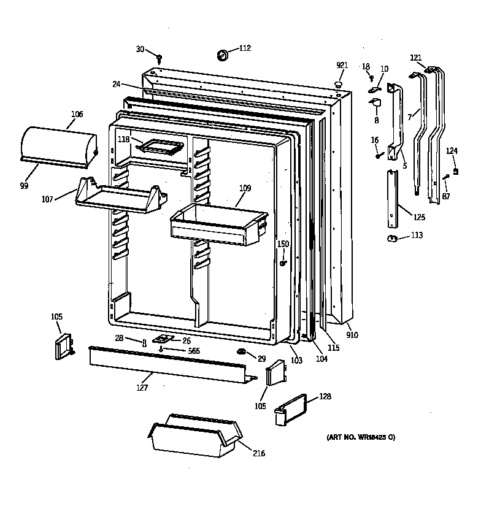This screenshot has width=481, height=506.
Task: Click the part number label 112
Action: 245,48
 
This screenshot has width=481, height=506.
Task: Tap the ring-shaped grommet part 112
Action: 222,56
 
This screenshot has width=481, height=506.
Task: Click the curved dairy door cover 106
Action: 59,145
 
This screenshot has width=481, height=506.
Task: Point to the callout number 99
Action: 24,185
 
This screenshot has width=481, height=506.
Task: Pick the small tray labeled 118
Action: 161,147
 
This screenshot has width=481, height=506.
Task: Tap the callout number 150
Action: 282,244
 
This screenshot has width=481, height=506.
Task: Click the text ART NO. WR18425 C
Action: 361,437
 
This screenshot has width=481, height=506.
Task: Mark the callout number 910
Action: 352,335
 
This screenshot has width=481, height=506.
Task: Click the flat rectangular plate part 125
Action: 391,199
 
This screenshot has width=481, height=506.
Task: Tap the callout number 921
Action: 342,66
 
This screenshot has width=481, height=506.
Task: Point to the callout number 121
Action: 416,58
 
